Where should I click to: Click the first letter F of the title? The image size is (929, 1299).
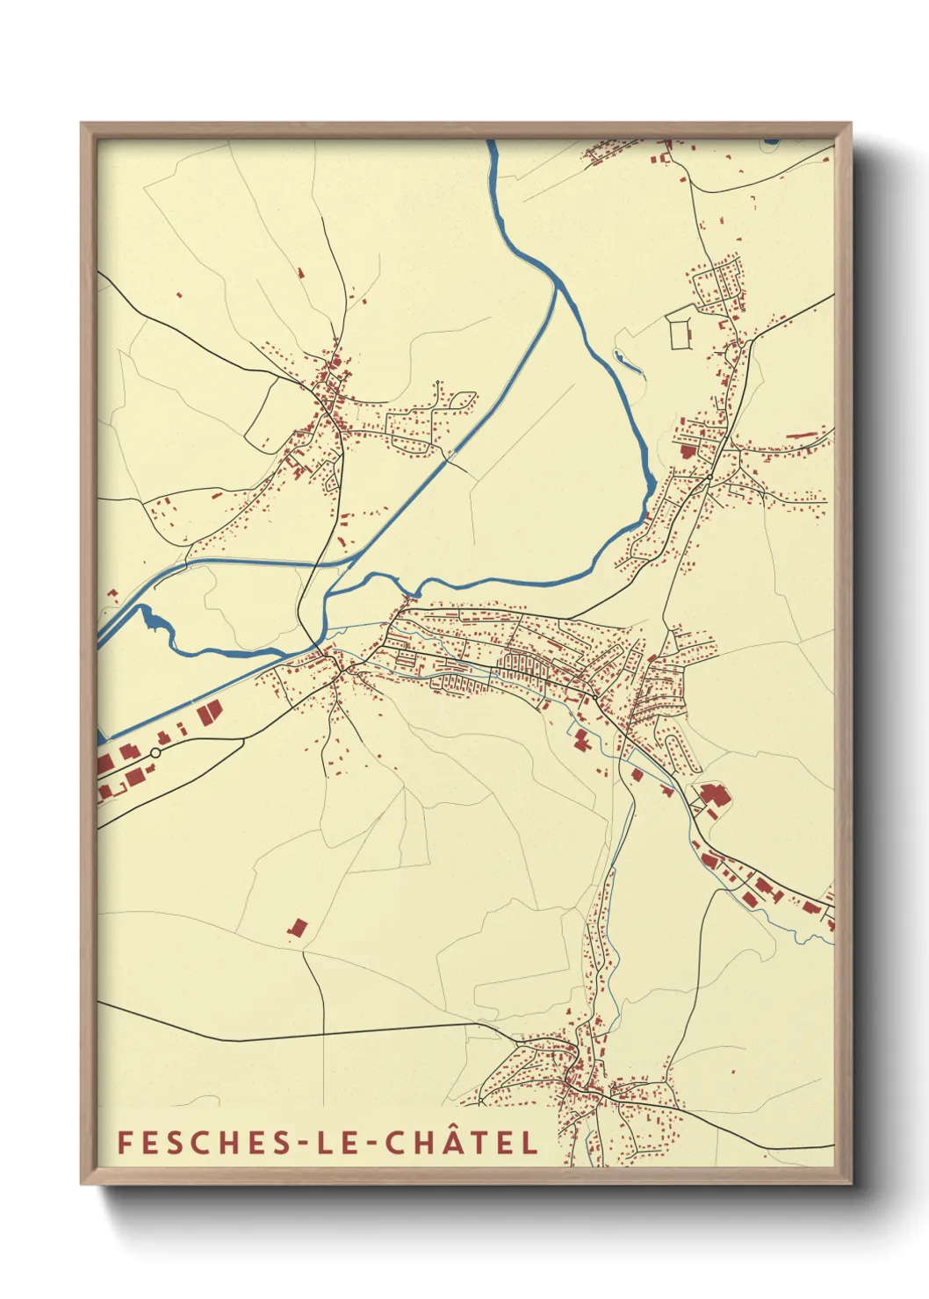[x=125, y=1142]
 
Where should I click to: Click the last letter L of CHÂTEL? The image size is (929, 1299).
[x=529, y=1142]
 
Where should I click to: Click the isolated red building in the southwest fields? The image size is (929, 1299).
[x=298, y=927]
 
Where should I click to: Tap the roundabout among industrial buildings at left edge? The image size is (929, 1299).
[x=155, y=752]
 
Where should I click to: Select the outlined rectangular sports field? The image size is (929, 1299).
[x=681, y=333]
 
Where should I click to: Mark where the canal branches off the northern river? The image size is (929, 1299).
[x=557, y=283]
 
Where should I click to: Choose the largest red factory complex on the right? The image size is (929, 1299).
[x=713, y=797]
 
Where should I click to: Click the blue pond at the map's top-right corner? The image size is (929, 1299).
[x=771, y=140]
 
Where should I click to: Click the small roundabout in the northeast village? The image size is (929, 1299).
[x=708, y=477]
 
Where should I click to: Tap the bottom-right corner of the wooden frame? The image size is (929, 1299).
[x=849, y=1182]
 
